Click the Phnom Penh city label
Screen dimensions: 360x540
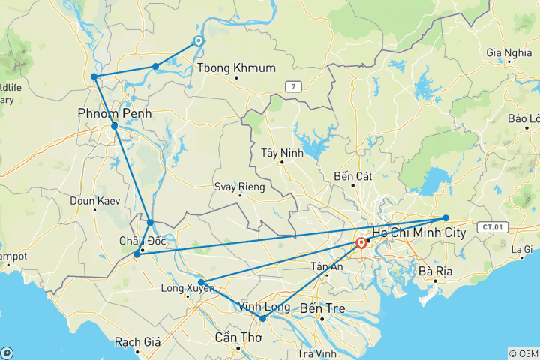coord(114,113)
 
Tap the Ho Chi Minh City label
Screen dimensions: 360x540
coord(418,233)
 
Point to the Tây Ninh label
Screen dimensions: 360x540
coord(280,153)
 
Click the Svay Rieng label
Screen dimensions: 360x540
coord(239,187)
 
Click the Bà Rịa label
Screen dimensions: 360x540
coord(436,271)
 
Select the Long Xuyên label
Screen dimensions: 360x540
coord(183,288)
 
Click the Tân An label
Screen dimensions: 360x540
coord(328,267)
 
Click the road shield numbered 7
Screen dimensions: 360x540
coord(295,87)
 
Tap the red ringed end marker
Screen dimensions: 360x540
coord(361,243)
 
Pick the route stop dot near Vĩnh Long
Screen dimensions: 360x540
coord(263,319)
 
